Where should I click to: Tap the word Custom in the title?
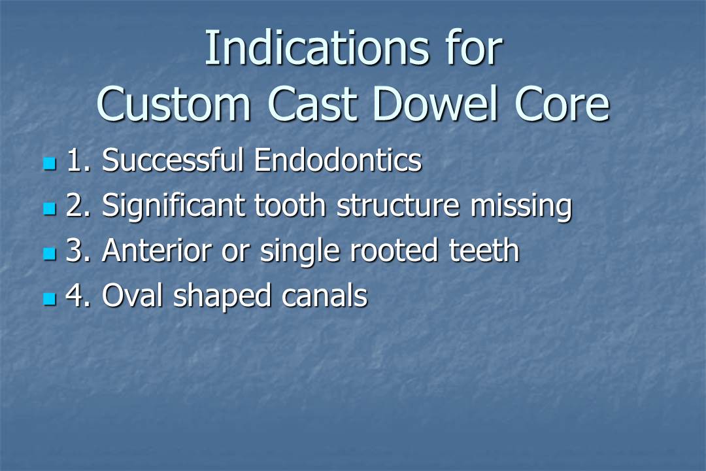pos(175,105)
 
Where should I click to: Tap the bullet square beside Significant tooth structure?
pos(49,209)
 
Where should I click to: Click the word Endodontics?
pos(337,161)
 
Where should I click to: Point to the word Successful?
pos(174,161)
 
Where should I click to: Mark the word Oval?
pos(133,296)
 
